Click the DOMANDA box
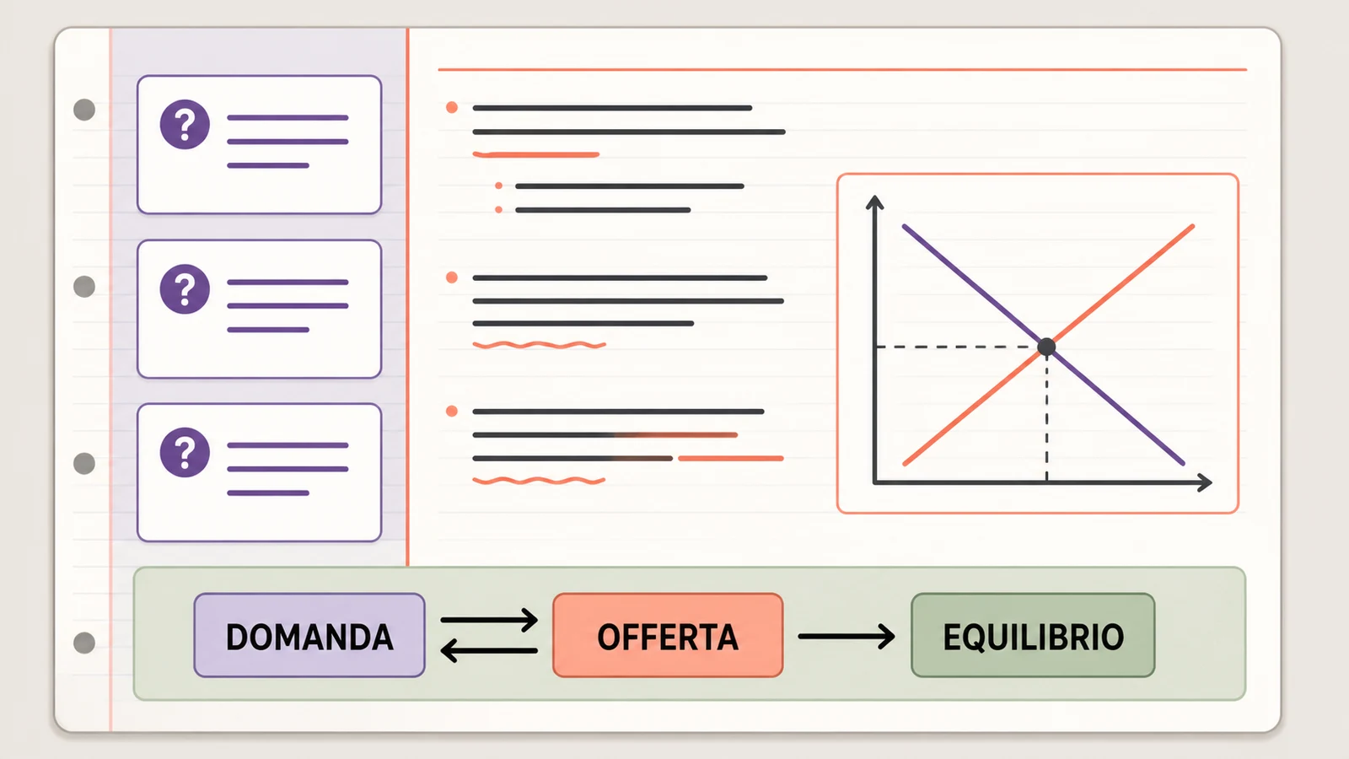point(309,636)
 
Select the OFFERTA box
point(668,636)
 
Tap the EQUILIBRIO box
point(1033,636)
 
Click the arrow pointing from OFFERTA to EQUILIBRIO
point(846,636)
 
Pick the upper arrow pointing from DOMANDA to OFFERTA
point(489,620)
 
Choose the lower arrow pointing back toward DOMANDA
point(489,650)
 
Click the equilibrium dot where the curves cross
point(1046,347)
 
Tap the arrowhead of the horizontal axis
point(1205,482)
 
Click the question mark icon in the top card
point(185,125)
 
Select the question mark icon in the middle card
point(185,289)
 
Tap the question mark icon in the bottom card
point(185,452)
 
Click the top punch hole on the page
point(84,110)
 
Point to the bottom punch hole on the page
point(84,643)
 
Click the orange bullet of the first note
point(452,108)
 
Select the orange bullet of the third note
point(452,412)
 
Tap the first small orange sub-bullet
point(498,186)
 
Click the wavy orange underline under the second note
point(539,345)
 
